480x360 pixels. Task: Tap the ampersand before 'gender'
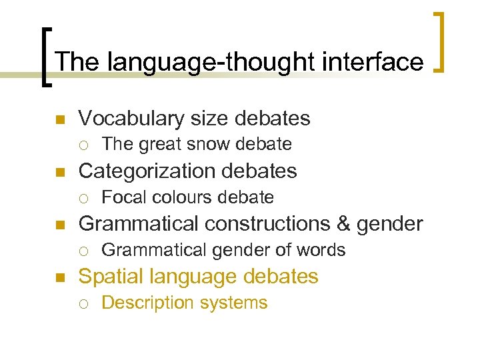pos(345,224)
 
